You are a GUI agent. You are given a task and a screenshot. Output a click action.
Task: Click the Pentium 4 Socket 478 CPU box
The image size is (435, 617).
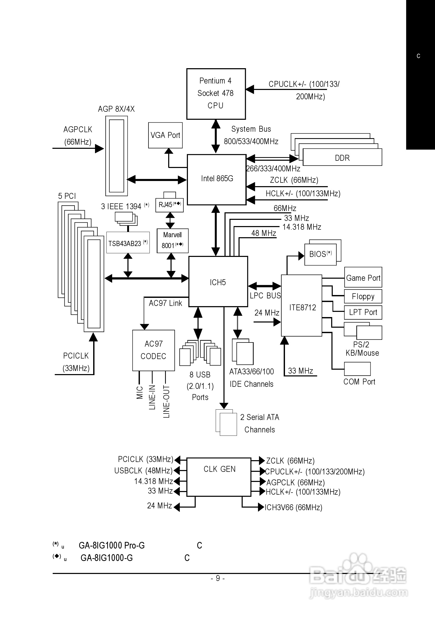(x=216, y=94)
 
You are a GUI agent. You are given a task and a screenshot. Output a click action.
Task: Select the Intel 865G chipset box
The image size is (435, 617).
(x=216, y=179)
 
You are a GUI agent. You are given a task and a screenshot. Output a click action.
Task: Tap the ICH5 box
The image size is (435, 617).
(x=218, y=282)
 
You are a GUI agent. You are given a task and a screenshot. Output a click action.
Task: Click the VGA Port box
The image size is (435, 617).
(x=165, y=135)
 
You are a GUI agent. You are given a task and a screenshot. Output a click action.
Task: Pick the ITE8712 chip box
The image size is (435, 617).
(x=302, y=306)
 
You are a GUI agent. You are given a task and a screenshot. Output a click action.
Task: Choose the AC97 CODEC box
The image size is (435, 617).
(x=153, y=350)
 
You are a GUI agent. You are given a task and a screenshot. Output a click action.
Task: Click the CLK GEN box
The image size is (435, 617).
(x=219, y=477)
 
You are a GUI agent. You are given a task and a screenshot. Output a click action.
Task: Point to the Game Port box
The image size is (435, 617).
(x=363, y=278)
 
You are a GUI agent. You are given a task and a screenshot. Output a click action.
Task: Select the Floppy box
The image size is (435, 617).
(x=363, y=296)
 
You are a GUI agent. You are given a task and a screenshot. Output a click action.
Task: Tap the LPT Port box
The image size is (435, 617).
(x=363, y=312)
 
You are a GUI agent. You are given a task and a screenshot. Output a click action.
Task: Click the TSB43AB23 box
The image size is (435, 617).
(x=128, y=243)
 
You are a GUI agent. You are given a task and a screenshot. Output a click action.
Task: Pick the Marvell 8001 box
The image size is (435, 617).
(x=172, y=241)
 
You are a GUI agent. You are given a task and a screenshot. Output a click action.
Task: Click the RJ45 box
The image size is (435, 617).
(x=169, y=205)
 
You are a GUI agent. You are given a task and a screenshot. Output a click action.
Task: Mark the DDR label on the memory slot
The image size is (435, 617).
(x=342, y=158)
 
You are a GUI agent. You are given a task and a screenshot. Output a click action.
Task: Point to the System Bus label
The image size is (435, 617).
(x=251, y=129)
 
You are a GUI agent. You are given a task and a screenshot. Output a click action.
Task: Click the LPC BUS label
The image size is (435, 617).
(x=265, y=296)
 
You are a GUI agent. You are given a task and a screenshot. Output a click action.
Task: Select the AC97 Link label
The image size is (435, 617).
(x=165, y=303)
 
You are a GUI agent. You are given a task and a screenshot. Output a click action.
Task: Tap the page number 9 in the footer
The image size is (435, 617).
(x=218, y=578)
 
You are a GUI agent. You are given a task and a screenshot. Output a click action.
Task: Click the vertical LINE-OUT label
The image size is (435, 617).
(x=167, y=402)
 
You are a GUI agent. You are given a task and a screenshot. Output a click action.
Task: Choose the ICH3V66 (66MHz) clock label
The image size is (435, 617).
(x=293, y=507)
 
